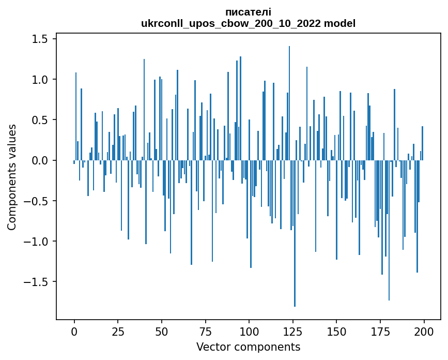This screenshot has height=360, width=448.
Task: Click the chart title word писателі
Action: [x=248, y=12]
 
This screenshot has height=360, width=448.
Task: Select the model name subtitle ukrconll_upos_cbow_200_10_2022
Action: [x=248, y=23]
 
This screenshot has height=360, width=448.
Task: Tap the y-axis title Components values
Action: [x=12, y=177]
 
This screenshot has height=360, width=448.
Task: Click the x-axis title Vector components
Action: [x=248, y=347]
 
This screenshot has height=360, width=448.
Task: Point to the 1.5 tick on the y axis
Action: [x=40, y=39]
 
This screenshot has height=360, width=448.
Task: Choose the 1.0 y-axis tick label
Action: [x=40, y=80]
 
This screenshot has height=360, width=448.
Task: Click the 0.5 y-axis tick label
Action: [x=40, y=120]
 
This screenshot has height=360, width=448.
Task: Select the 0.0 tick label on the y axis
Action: [x=40, y=160]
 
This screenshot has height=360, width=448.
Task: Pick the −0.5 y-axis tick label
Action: [x=37, y=201]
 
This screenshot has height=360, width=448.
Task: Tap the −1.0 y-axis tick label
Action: [x=37, y=242]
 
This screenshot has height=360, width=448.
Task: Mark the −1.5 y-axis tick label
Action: [x=37, y=282]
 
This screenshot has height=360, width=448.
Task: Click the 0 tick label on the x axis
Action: [x=74, y=331]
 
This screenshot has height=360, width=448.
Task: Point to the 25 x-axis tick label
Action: [x=118, y=331]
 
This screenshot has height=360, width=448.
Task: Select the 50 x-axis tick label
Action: [x=162, y=331]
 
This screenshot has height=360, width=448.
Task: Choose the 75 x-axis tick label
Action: [x=206, y=331]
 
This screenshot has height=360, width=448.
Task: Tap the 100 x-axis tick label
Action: [x=249, y=331]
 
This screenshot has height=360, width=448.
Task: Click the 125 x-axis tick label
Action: [x=293, y=331]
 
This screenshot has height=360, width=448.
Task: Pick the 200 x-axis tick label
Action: [x=424, y=331]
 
